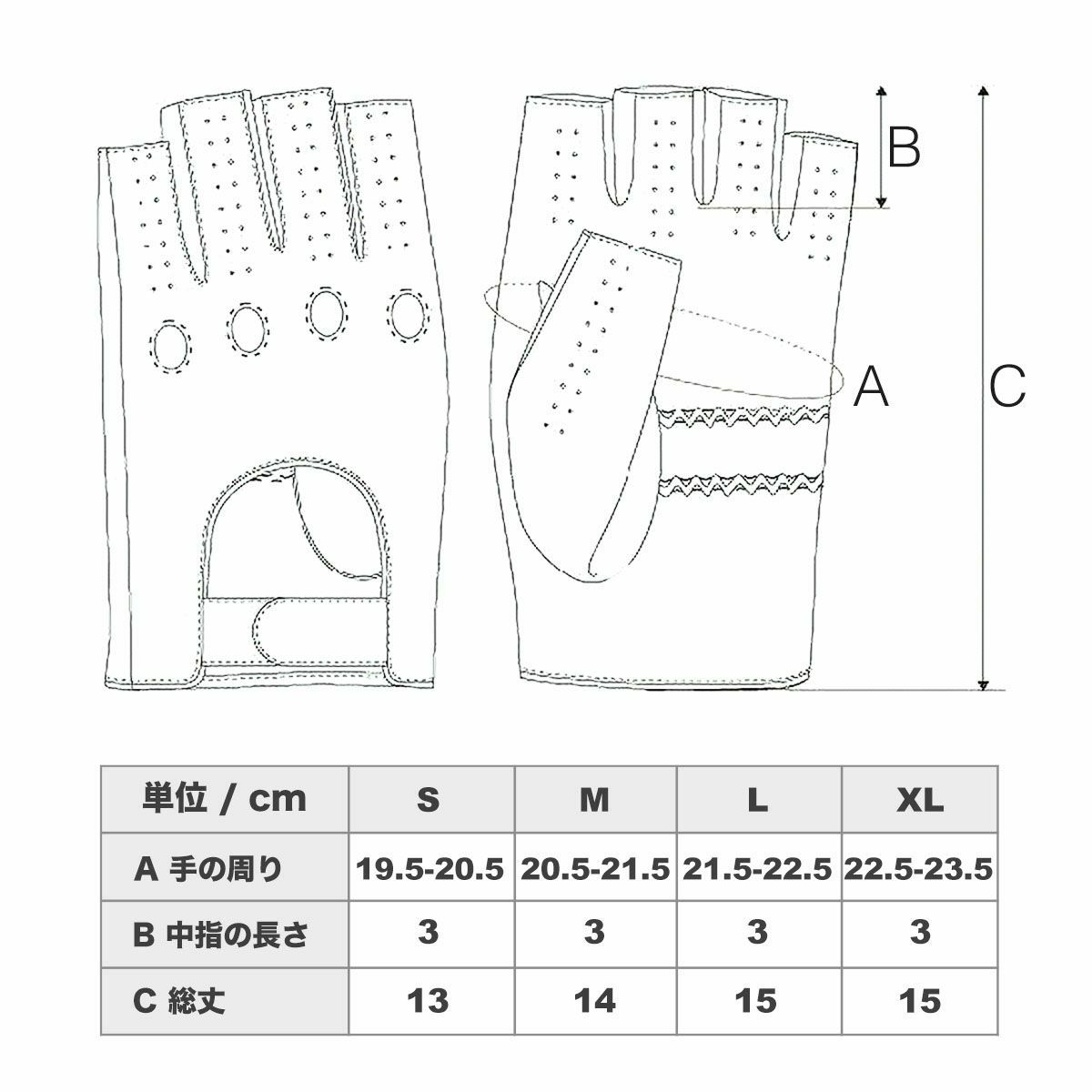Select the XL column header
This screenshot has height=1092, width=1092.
920,800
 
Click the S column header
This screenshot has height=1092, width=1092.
429,800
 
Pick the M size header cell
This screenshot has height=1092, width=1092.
594,800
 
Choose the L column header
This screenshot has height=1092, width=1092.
757,800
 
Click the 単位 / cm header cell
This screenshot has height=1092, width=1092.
225,800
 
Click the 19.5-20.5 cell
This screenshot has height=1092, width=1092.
430,870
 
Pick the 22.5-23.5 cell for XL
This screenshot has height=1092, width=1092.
918,870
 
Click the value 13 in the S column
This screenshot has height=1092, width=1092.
429,1001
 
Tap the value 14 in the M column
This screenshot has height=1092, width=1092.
594,1001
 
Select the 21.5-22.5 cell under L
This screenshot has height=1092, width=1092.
755,870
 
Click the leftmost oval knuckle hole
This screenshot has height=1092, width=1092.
170,345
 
